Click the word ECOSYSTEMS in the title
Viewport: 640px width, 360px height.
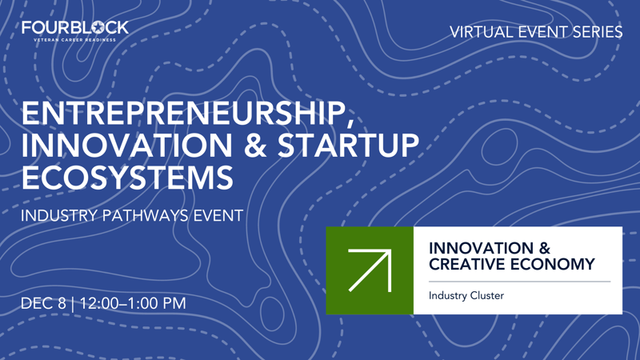(x=127, y=177)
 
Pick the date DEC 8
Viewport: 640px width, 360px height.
(x=43, y=303)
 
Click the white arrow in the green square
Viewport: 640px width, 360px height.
(x=370, y=270)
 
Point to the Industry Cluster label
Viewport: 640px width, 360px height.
(x=466, y=295)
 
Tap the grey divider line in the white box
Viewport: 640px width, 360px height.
(x=519, y=282)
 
